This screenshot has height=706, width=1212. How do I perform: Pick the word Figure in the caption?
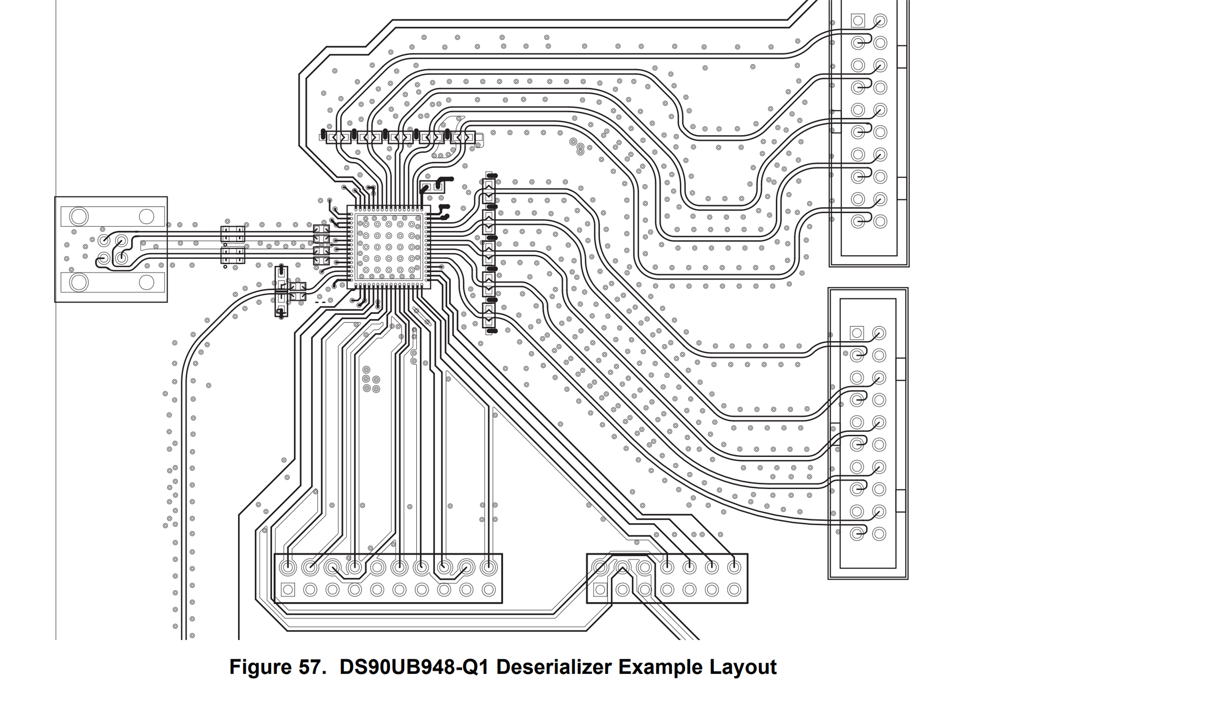click(x=259, y=667)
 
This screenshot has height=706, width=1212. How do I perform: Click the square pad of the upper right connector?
click(x=858, y=21)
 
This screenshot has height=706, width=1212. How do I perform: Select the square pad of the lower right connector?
click(x=857, y=333)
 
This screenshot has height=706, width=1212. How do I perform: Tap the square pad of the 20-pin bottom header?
click(x=288, y=590)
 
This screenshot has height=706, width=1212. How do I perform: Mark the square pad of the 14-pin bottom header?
click(x=600, y=590)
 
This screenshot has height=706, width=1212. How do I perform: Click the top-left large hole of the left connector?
click(x=79, y=216)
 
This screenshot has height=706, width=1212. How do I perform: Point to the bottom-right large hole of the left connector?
click(x=146, y=282)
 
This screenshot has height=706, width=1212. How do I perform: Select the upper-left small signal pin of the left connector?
click(x=104, y=240)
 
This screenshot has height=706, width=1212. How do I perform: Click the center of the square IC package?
click(x=389, y=247)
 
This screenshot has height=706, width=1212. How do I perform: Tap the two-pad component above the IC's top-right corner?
click(x=432, y=187)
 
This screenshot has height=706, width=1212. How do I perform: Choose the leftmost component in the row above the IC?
click(x=337, y=137)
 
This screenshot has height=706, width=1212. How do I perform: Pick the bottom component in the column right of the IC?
click(x=489, y=316)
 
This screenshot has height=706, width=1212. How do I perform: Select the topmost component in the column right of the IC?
click(x=489, y=190)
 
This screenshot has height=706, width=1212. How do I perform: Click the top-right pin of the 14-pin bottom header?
click(x=734, y=567)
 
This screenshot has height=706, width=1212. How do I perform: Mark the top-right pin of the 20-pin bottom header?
click(x=488, y=567)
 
